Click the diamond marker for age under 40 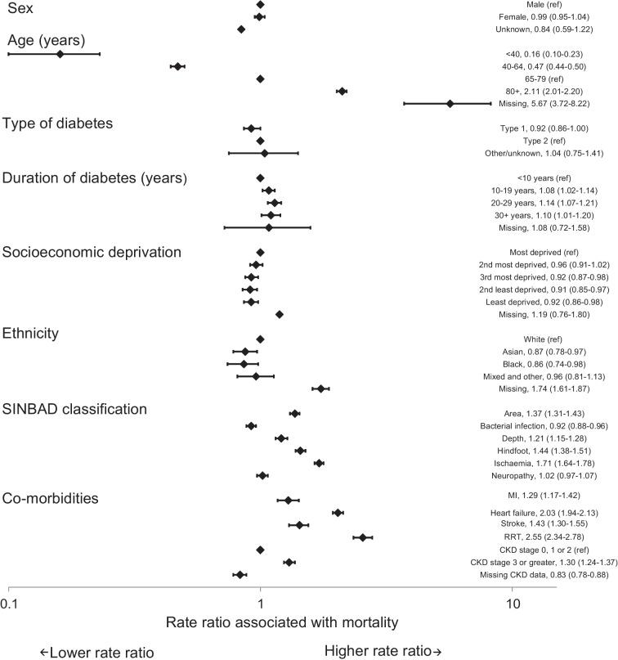[60, 54]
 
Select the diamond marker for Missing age [450, 103]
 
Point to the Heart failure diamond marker [338, 513]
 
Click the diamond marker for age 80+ [342, 91]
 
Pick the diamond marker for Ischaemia [319, 463]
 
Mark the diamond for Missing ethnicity [320, 388]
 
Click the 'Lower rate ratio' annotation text [96, 651]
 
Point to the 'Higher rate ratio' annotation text [383, 651]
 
